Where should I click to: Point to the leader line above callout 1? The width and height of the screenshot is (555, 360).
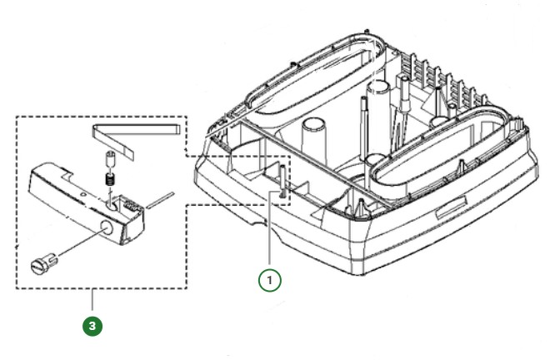(x=270, y=233)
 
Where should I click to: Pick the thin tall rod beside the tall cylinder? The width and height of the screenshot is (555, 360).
(x=364, y=125)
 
